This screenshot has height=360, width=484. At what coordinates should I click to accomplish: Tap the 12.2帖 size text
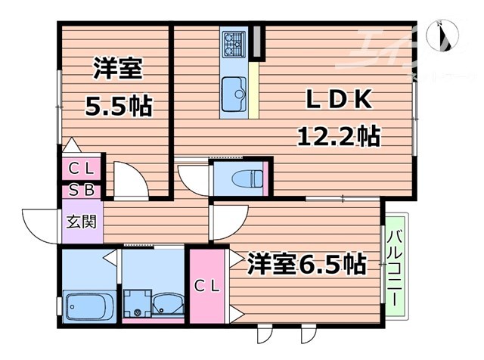[337, 136]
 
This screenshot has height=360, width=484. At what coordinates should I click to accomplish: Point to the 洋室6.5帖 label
[306, 264]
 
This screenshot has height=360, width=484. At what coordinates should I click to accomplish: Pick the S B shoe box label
[82, 190]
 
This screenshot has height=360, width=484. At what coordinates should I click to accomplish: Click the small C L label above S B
[82, 168]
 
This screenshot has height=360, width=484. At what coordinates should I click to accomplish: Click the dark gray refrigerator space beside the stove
[258, 43]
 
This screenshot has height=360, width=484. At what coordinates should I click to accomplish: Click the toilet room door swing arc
[192, 175]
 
